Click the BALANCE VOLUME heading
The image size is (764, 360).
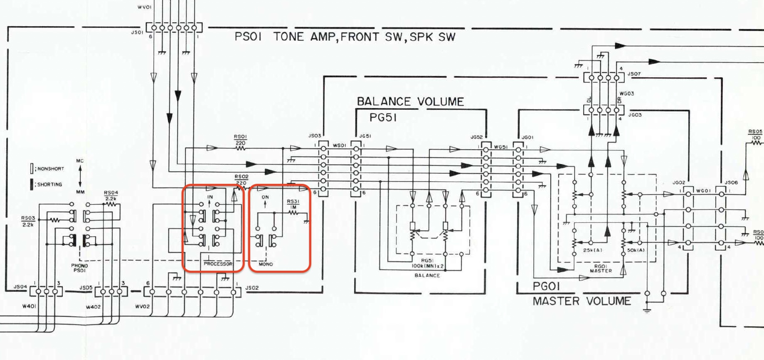pyautogui.click(x=410, y=101)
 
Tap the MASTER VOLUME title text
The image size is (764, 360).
pyautogui.click(x=582, y=301)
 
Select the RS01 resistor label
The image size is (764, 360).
pyautogui.click(x=240, y=137)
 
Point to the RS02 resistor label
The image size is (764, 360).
pyautogui.click(x=241, y=177)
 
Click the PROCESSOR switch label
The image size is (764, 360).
pyautogui.click(x=218, y=264)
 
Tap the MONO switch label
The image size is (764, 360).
pyautogui.click(x=266, y=264)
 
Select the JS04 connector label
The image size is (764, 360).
pyautogui.click(x=20, y=287)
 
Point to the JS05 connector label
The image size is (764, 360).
pyautogui.click(x=86, y=288)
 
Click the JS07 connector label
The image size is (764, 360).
pyautogui.click(x=634, y=74)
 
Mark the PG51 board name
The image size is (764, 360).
pyautogui.click(x=383, y=118)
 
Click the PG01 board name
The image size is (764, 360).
pyautogui.click(x=546, y=286)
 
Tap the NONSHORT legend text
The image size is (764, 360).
pyautogui.click(x=51, y=169)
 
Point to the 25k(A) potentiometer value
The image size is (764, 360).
pyautogui.click(x=592, y=250)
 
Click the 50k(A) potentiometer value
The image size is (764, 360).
pyautogui.click(x=636, y=250)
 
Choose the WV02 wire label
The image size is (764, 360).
pyautogui.click(x=142, y=307)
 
